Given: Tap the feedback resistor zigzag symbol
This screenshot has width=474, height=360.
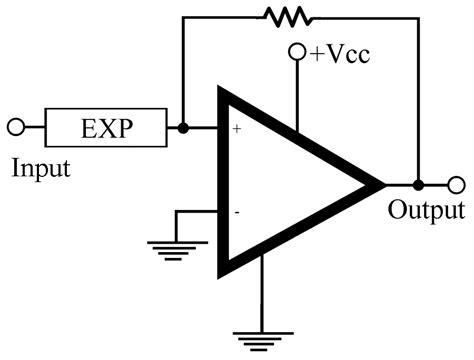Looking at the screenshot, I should tap(286, 15).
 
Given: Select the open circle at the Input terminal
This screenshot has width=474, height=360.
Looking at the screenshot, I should tap(15, 128).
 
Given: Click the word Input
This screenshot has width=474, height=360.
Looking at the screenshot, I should tap(41, 167).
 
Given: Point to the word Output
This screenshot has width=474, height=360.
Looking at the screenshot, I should tap(426, 211).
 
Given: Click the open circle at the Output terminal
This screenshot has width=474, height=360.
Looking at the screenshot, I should tap(457, 185).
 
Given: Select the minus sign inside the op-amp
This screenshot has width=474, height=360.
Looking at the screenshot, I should tap(237, 212).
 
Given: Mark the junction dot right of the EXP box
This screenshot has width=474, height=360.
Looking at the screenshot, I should tap(182, 128).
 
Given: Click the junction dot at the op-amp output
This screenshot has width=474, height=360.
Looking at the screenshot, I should tap(418, 185).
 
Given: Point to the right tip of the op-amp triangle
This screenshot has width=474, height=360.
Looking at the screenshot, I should tap(382, 185).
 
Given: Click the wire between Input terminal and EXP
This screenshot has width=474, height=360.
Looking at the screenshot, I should tap(34, 128).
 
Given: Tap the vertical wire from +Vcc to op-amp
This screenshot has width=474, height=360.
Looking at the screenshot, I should tap(297, 95).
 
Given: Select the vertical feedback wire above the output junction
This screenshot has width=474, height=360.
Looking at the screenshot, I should tap(418, 100).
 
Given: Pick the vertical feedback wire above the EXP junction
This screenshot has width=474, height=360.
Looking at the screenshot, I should tap(182, 70).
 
